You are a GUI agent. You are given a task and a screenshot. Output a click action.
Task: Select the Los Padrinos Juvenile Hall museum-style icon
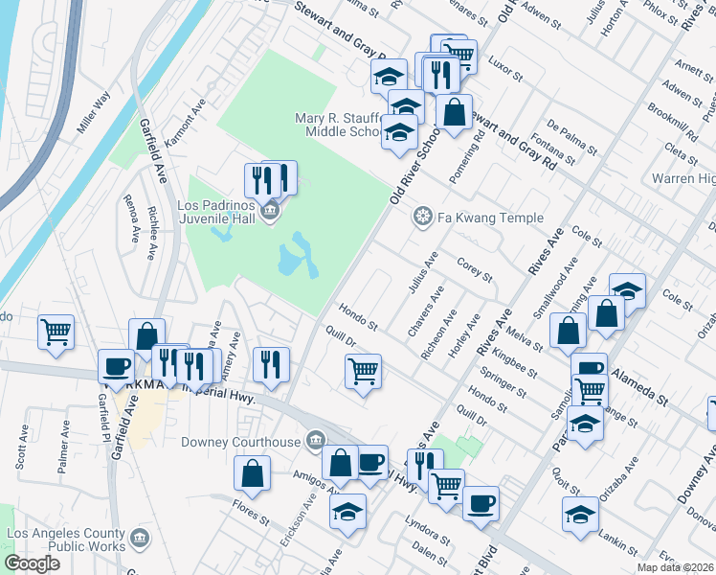[270, 211]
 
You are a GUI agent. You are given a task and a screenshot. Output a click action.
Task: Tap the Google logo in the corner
[32, 563]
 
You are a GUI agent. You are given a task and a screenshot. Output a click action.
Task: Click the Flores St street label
[254, 509]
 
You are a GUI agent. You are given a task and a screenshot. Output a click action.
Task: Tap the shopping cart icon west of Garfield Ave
[56, 333]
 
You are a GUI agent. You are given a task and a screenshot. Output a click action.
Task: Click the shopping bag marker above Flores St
[252, 471]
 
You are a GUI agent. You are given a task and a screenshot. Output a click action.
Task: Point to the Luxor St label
[504, 70]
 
